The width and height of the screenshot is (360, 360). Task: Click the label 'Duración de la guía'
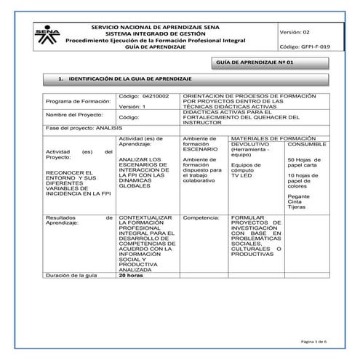tap(72, 276)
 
